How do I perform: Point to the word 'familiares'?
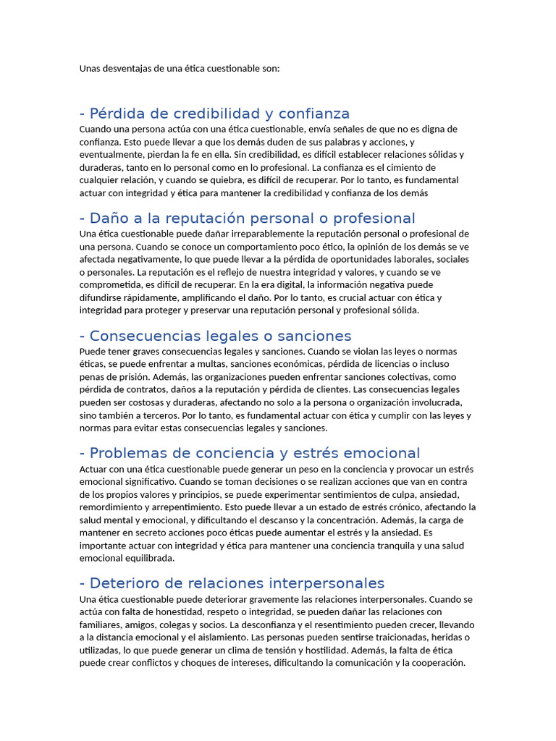pos(101,624)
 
